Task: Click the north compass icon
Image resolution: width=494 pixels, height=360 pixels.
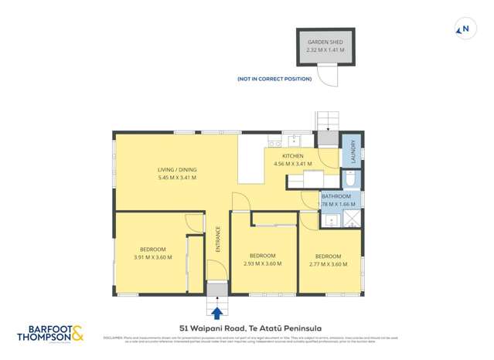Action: point(464,29)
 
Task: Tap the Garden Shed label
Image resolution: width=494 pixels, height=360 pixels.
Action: point(325,42)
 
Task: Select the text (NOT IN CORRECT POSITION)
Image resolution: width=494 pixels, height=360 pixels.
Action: point(274,80)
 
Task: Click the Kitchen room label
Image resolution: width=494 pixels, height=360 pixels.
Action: point(292,156)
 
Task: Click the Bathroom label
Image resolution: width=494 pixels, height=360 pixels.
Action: point(336,197)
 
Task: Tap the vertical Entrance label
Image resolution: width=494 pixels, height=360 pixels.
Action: point(218,239)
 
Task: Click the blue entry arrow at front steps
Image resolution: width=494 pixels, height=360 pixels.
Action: point(217,313)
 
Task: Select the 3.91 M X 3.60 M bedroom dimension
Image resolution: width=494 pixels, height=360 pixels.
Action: point(152,257)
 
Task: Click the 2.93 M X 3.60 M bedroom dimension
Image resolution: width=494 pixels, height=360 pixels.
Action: point(262,263)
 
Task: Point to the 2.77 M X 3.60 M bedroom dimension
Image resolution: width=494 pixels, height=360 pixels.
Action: point(328,263)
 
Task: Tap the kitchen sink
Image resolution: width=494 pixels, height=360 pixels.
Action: point(295,141)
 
